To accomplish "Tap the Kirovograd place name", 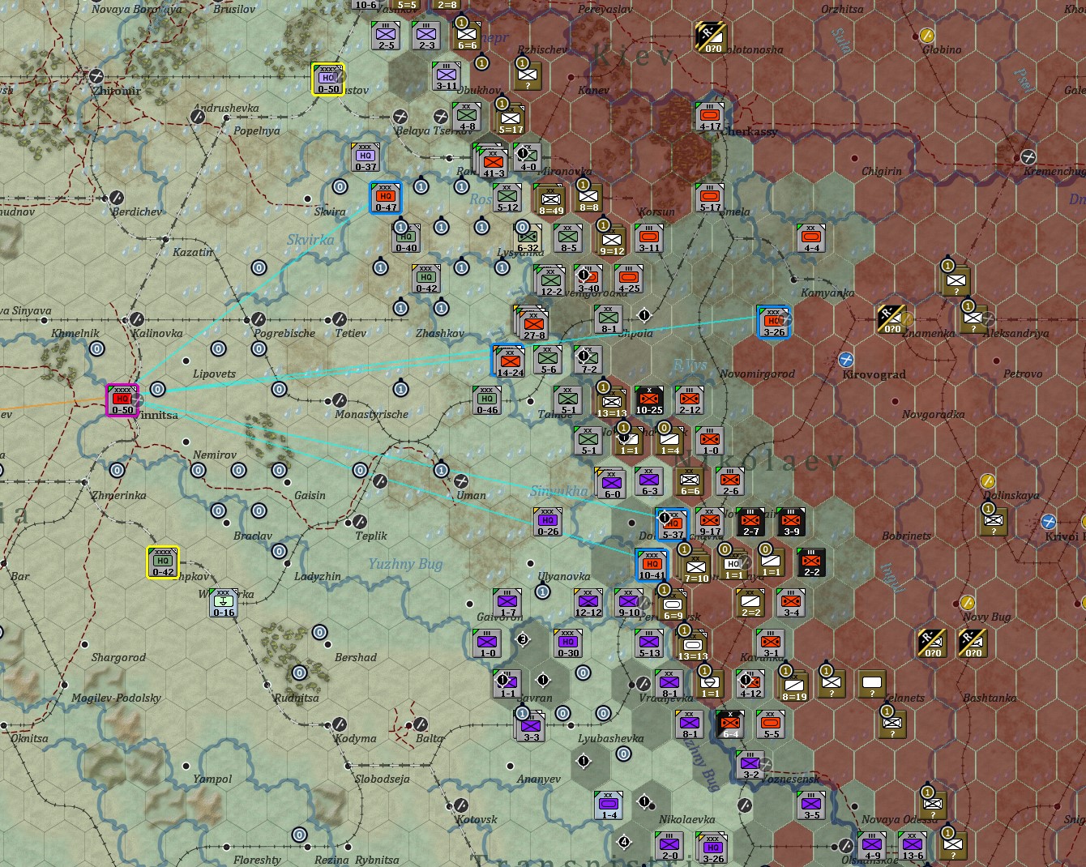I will pos(874,374).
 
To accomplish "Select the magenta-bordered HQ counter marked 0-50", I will pos(122,400).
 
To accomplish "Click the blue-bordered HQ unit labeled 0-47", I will pos(386,198).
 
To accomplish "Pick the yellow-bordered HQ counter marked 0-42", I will pos(163,562).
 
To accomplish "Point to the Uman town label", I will pos(471,496).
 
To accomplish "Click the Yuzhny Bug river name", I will pos(405,564).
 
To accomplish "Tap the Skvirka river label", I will pos(310,240).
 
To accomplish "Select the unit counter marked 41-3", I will pos(494,162).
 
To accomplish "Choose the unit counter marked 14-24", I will pos(510,362).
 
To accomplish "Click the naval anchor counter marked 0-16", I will pos(224,603).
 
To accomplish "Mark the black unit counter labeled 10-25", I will pos(649,400).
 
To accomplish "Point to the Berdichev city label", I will pos(137,212).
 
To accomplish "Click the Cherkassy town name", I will pos(750,131).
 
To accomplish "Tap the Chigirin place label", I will pos(882,172).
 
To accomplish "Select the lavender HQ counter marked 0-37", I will pos(366,157).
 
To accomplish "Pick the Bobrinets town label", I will pos(906,536).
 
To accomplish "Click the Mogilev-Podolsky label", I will pos(116,698).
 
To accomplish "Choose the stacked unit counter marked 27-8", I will pos(533,323).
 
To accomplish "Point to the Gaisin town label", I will pos(310,496).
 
